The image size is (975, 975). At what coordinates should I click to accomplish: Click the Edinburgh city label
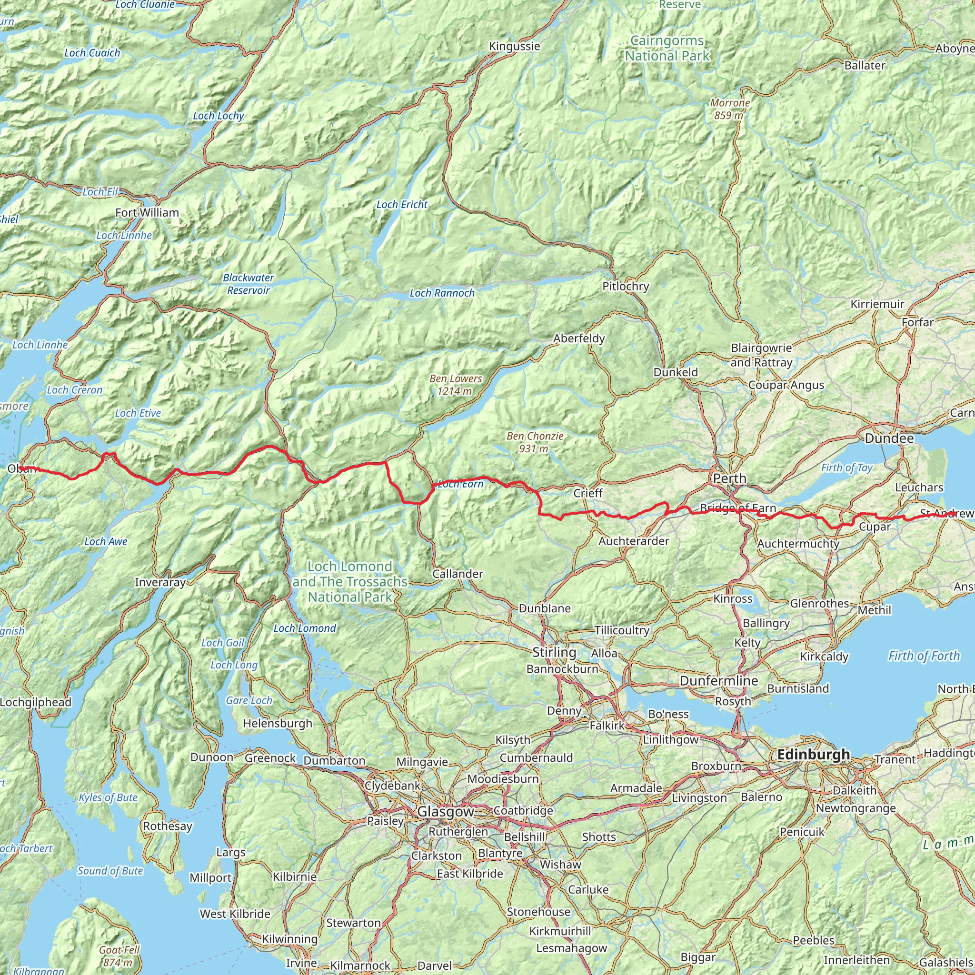tap(814, 755)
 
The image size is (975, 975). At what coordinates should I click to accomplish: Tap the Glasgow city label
tap(446, 812)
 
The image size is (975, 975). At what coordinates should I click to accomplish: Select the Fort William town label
tap(147, 213)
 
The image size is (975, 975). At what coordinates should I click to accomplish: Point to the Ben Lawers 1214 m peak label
tap(455, 385)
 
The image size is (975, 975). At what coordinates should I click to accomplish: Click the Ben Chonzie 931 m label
tap(535, 442)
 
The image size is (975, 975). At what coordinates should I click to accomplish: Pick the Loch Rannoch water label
tap(442, 293)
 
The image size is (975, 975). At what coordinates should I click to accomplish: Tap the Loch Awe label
tap(106, 541)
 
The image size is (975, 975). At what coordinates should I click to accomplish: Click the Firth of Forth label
tap(924, 656)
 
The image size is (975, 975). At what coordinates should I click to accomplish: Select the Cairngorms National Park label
tap(667, 49)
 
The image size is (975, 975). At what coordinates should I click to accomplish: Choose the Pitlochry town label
tap(625, 287)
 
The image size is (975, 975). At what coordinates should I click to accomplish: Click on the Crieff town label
tap(588, 493)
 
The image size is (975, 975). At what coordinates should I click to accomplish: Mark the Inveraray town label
tap(160, 582)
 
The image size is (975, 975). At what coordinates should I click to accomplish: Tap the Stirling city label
tap(554, 652)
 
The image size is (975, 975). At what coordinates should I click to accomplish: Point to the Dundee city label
tap(889, 438)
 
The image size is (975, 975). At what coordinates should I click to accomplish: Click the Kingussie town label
tap(514, 47)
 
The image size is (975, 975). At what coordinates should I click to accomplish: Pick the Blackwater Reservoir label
tap(249, 284)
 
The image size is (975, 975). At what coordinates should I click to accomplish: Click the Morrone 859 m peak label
tap(730, 109)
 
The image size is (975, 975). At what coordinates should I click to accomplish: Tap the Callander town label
tap(457, 574)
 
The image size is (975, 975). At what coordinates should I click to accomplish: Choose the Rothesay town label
tap(168, 826)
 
